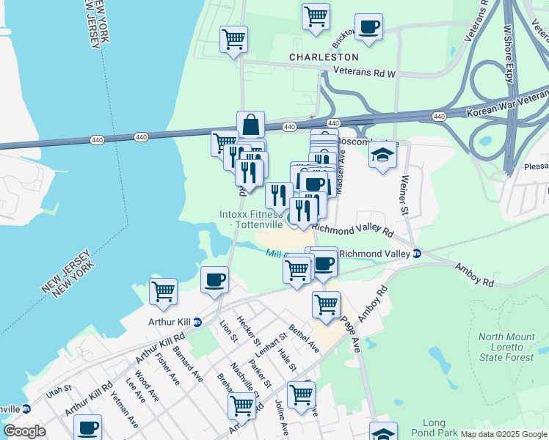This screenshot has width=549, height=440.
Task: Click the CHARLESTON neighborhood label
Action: point(324,56)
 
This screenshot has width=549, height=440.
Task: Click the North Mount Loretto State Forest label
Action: point(506,347)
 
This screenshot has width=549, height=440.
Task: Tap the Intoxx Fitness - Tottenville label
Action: point(251,219)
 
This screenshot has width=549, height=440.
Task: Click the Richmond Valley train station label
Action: point(374,254)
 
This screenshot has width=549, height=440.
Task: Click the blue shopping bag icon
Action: point(250,124)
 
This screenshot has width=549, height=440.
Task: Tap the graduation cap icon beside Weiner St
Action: point(382,156)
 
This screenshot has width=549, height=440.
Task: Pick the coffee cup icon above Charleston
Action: point(368,27)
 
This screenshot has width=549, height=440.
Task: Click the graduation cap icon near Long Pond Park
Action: point(383,433)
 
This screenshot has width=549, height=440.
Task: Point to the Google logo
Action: point(24,431)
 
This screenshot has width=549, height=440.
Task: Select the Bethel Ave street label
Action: point(303,337)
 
